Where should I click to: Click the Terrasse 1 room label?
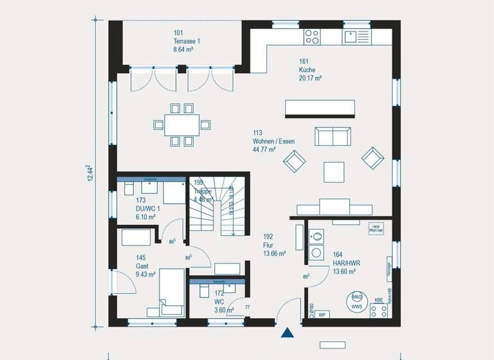point(187,40)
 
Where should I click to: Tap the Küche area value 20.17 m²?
point(310,78)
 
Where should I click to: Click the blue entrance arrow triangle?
point(287,332)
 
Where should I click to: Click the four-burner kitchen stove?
point(312,36)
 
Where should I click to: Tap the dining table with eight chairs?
point(181,124)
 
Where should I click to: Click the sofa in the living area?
point(333,136)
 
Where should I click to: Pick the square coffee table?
point(334,171)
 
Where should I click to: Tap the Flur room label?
point(269,245)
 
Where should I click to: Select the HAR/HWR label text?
point(345,263)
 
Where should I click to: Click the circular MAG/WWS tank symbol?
point(356,301)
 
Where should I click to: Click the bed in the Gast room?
point(171,291)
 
